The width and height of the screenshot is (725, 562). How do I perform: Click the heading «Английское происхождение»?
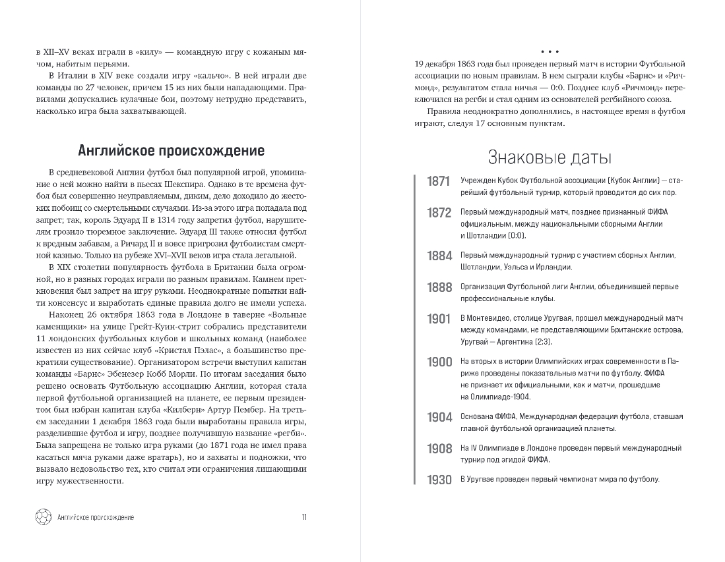(172, 151)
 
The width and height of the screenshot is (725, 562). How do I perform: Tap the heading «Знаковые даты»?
(549, 158)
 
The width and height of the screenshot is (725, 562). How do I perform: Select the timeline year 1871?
(438, 182)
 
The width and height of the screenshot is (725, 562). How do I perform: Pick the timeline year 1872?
(438, 213)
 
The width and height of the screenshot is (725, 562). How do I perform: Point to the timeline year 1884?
(438, 256)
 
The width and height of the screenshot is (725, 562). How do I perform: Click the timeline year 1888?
(438, 287)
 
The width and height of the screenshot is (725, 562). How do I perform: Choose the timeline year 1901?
(438, 319)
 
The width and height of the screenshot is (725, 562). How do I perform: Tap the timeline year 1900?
(438, 362)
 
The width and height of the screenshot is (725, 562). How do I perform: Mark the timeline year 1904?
(438, 417)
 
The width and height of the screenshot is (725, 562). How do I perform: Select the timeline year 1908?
(438, 449)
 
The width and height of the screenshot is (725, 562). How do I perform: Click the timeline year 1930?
(438, 480)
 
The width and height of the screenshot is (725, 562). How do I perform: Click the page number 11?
(303, 517)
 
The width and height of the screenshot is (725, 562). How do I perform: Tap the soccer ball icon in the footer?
(42, 517)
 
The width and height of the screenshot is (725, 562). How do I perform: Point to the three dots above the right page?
(549, 51)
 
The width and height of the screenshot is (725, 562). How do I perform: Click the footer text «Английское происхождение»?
(96, 517)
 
